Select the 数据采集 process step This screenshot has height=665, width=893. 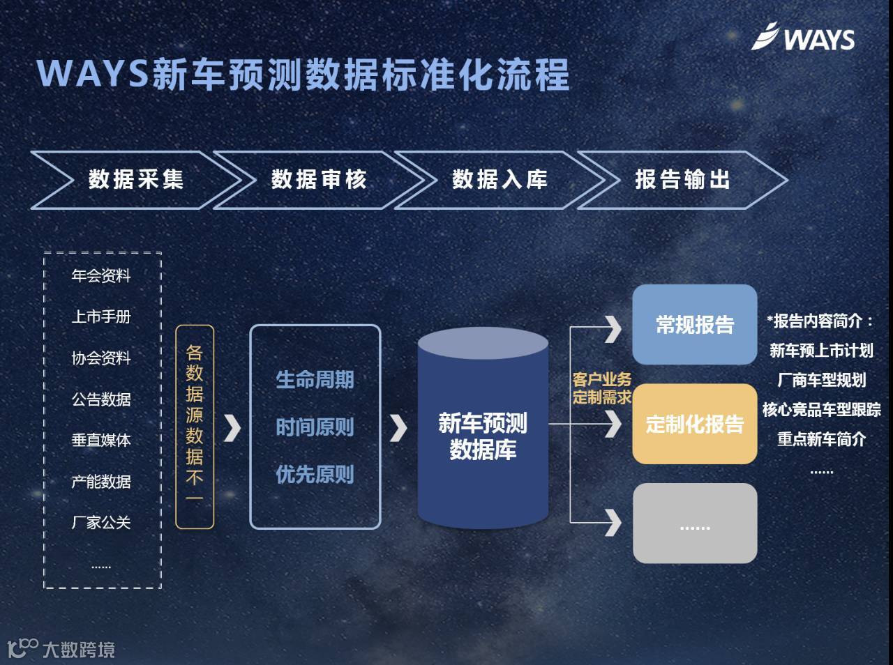tap(136, 180)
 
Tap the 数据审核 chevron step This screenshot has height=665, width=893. tap(319, 180)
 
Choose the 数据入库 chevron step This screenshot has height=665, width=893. tap(500, 180)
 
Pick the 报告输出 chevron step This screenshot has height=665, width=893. tap(682, 180)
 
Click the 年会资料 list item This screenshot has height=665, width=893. tap(101, 276)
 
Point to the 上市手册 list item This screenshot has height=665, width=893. tap(101, 317)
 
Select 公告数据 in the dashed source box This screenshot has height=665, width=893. tap(101, 399)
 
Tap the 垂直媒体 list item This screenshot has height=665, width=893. tap(101, 441)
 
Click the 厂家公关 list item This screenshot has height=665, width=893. tap(101, 523)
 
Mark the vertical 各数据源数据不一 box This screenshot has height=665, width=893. tap(195, 426)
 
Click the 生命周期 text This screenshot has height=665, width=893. tap(315, 380)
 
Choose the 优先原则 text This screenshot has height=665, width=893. tap(315, 475)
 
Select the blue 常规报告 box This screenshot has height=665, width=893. tap(695, 324)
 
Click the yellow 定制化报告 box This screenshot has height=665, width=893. tap(695, 424)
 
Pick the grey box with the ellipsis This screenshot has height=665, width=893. tap(695, 523)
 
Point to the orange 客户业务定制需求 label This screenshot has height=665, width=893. tap(601, 388)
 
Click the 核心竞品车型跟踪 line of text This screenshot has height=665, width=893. tap(821, 410)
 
